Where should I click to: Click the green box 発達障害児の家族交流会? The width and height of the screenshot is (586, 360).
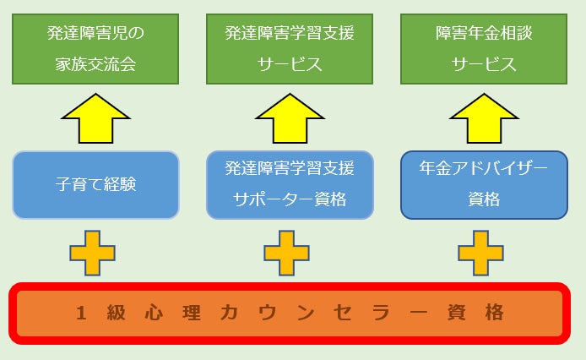coord(95,49)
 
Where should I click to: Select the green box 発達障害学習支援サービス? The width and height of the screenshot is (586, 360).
coord(290,49)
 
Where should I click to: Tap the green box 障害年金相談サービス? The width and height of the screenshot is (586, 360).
coord(484,49)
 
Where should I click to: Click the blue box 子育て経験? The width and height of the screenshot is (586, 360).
coord(95,185)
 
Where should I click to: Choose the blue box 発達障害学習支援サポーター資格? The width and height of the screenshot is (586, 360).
coord(290,185)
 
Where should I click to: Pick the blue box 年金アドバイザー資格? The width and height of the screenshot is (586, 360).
coord(484,185)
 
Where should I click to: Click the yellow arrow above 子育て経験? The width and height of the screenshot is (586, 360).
coord(95,118)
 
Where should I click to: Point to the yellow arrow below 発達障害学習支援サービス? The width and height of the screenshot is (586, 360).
coord(290,118)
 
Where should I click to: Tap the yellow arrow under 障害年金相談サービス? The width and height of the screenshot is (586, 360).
coord(484,118)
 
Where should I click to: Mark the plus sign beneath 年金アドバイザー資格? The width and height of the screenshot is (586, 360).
coord(481,253)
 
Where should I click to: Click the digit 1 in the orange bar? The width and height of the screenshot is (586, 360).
coord(82,313)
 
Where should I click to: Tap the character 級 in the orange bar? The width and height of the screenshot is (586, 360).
coord(117,313)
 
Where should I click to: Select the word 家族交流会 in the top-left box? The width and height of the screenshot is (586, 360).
coord(95,65)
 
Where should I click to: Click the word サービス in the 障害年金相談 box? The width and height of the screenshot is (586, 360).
coord(484,65)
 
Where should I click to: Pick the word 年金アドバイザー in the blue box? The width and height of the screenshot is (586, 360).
coord(484,168)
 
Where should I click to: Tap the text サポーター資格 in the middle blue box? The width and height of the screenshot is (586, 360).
coord(290,201)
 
